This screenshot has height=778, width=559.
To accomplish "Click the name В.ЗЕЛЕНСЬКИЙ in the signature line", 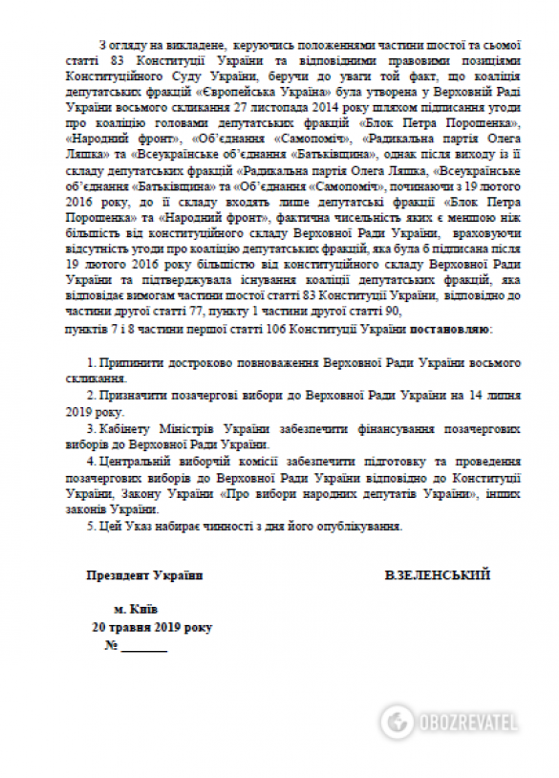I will [x=437, y=575].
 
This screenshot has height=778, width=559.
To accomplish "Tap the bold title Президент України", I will [x=144, y=575].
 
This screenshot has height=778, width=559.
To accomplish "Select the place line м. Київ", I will [x=136, y=609].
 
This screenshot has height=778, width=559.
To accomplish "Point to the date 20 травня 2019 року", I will [x=152, y=627].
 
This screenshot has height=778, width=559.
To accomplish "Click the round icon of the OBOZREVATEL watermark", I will [x=397, y=719].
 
